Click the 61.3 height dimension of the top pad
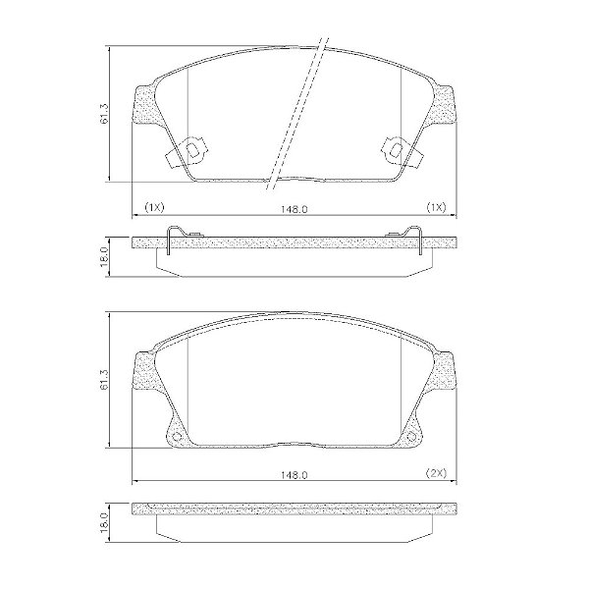click(105, 114)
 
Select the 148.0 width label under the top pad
click(294, 209)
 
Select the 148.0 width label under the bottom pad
click(294, 475)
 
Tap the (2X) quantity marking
click(436, 473)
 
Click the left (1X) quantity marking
click(154, 207)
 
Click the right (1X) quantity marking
click(436, 207)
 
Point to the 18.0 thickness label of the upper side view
click(105, 256)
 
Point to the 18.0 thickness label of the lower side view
click(105, 522)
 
